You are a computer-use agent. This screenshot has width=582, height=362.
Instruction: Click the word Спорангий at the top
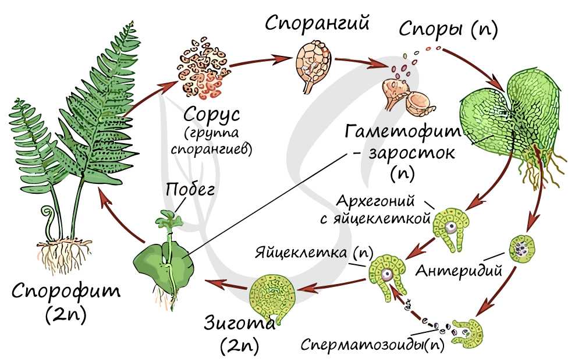pyautogui.click(x=317, y=23)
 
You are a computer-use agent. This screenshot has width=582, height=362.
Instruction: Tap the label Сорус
pyautogui.click(x=212, y=114)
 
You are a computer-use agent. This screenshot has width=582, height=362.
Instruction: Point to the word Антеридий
pyautogui.click(x=459, y=271)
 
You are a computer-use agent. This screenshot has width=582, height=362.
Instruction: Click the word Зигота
pyautogui.click(x=240, y=322)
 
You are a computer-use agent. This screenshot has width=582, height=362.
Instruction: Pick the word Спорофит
pyautogui.click(x=66, y=291)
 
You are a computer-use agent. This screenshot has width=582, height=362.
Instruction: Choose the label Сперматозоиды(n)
pyautogui.click(x=372, y=344)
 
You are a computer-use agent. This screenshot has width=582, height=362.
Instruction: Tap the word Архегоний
pyautogui.click(x=375, y=201)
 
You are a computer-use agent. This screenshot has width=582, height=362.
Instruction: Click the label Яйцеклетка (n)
pyautogui.click(x=314, y=253)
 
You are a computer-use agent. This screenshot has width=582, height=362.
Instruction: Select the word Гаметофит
pyautogui.click(x=403, y=132)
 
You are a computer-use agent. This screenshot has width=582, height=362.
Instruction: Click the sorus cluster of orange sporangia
pyautogui.click(x=202, y=68)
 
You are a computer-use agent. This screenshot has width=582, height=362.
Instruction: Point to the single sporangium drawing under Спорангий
pyautogui.click(x=313, y=67)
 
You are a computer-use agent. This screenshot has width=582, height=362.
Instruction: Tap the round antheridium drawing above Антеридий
pyautogui.click(x=522, y=247)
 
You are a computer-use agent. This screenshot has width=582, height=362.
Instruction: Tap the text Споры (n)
pyautogui.click(x=448, y=29)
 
